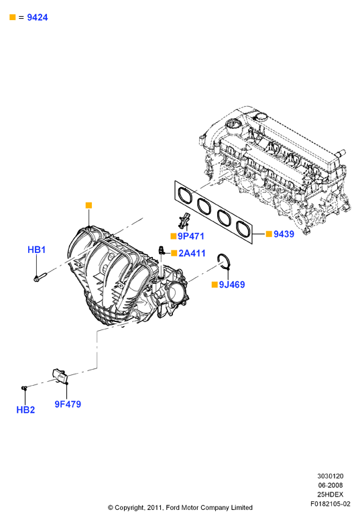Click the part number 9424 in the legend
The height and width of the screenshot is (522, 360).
(38, 17)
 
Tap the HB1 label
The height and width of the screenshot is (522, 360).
(37, 250)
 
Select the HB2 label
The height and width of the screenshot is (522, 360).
(25, 410)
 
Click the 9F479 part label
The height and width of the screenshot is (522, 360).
(68, 404)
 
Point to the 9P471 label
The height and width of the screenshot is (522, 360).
(191, 236)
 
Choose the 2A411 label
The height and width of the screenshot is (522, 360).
(192, 253)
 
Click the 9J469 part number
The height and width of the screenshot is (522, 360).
(232, 284)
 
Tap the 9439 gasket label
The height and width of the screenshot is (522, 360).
(284, 234)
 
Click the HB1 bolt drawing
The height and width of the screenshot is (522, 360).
(40, 276)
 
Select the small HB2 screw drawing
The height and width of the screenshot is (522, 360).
(24, 388)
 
